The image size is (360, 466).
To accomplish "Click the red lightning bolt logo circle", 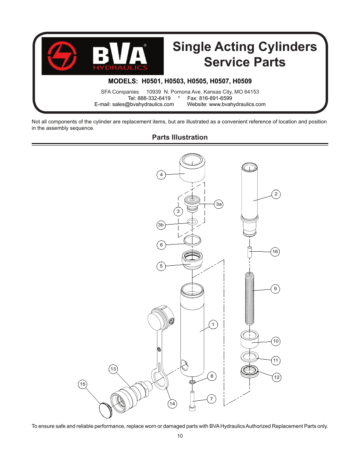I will pos(62,56).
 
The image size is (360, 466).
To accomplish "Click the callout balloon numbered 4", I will pos(161,175).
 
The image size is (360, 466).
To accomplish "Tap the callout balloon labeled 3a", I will pos(218,204).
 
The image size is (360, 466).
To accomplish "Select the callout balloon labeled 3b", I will pos(161,225).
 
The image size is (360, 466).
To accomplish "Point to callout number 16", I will pos(275,252).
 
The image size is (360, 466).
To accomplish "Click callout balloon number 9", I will pos(275,289).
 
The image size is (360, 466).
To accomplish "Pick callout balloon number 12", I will pos(277,377).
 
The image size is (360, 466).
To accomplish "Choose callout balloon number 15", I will pos(83,384).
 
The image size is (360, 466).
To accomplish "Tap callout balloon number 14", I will pos(172,404).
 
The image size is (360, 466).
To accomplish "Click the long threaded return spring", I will pos(249,298).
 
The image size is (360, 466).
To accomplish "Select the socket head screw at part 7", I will pos(192,402).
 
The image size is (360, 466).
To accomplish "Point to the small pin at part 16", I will pos(249,252).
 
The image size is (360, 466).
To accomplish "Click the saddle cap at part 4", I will pos(192,168).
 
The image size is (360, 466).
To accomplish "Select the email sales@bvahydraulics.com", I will pos(143,105).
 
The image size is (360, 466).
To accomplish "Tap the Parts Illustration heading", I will pos(180,137).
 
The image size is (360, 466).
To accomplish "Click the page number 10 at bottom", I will pos(180,436).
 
